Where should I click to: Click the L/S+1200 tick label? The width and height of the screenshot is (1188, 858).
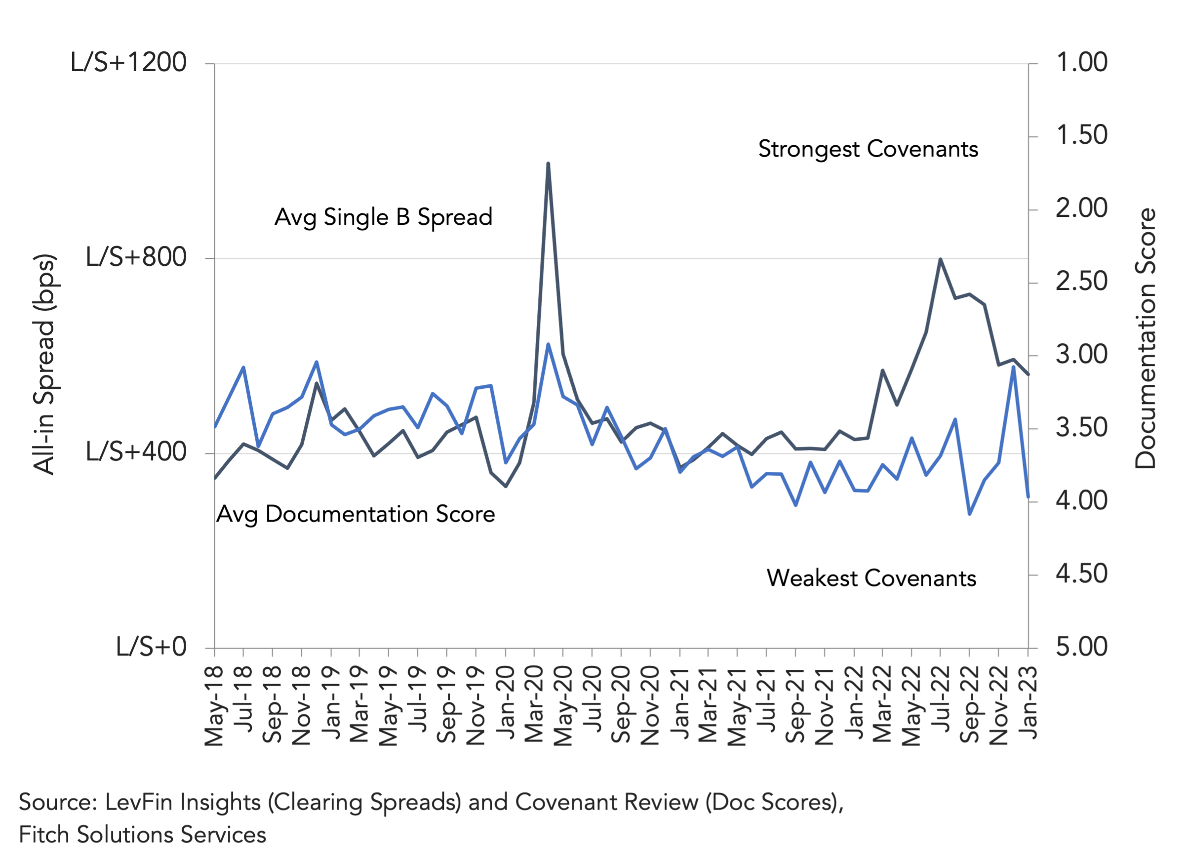128,62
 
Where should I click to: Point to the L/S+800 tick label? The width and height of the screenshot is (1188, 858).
136,257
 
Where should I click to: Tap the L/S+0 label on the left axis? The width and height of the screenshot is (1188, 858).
151,647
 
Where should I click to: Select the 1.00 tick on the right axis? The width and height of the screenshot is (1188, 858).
1082,62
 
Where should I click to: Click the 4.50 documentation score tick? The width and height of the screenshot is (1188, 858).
1082,574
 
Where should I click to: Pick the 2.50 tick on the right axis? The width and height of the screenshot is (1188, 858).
1082,282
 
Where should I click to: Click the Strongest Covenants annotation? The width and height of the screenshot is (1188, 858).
868,149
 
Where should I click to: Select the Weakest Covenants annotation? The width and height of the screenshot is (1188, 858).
871,578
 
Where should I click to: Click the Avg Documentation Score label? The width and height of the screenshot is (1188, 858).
356,515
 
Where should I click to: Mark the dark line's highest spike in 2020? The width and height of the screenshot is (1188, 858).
548,163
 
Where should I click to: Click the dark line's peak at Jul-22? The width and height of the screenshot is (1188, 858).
940,259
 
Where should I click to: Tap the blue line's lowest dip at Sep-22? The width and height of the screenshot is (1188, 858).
970,514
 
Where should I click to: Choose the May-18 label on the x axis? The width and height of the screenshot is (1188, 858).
214,706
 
